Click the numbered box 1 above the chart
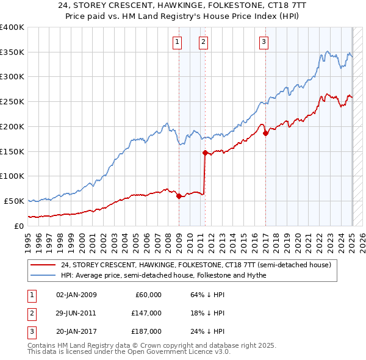pos(177,42)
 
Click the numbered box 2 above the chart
pos(203,42)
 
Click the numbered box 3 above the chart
pos(264,42)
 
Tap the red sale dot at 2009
pos(179,196)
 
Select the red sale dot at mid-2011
pos(205,153)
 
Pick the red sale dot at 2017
pos(265,133)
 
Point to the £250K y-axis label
pos(12,101)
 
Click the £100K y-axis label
pos(12,176)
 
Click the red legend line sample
pos(43,265)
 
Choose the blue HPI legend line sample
pos(43,275)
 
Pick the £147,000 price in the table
pos(146,313)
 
